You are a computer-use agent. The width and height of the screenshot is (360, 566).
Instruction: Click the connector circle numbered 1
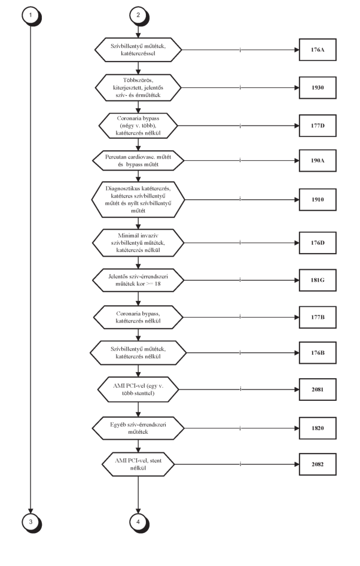pyautogui.click(x=30, y=16)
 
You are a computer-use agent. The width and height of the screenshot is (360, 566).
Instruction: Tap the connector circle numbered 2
pyautogui.click(x=138, y=16)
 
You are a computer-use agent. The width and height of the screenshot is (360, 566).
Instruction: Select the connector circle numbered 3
pyautogui.click(x=30, y=522)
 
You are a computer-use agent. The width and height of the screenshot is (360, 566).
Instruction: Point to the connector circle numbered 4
pyautogui.click(x=138, y=522)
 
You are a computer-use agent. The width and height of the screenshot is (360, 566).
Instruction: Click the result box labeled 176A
pyautogui.click(x=318, y=50)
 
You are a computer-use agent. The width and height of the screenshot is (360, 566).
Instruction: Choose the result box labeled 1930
pyautogui.click(x=318, y=88)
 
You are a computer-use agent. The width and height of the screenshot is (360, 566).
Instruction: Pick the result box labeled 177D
pyautogui.click(x=318, y=126)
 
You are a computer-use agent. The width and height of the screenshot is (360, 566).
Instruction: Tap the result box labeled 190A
pyautogui.click(x=318, y=160)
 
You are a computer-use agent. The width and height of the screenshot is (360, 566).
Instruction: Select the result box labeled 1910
pyautogui.click(x=318, y=200)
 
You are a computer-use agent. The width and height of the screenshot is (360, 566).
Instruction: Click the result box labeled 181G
pyautogui.click(x=318, y=280)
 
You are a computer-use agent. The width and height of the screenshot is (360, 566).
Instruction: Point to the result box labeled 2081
pyautogui.click(x=318, y=389)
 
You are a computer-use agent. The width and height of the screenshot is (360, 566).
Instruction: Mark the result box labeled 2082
pyautogui.click(x=318, y=464)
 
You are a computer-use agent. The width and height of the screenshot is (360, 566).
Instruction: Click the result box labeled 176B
pyautogui.click(x=318, y=352)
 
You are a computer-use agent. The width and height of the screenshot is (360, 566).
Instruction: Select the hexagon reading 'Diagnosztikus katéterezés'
pyautogui.click(x=138, y=200)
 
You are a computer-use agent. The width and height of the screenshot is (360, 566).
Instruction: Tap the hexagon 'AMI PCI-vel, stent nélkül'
pyautogui.click(x=138, y=464)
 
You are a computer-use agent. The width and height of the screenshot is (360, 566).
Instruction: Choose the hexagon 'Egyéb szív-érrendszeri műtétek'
pyautogui.click(x=138, y=428)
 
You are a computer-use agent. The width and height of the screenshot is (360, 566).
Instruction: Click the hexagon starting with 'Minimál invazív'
pyautogui.click(x=138, y=243)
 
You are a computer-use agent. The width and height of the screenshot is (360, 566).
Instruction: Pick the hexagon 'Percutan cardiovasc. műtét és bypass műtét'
pyautogui.click(x=138, y=160)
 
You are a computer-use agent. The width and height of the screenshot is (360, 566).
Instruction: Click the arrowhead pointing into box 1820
pyautogui.click(x=297, y=428)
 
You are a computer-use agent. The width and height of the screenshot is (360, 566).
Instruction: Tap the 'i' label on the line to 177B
pyautogui.click(x=240, y=317)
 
